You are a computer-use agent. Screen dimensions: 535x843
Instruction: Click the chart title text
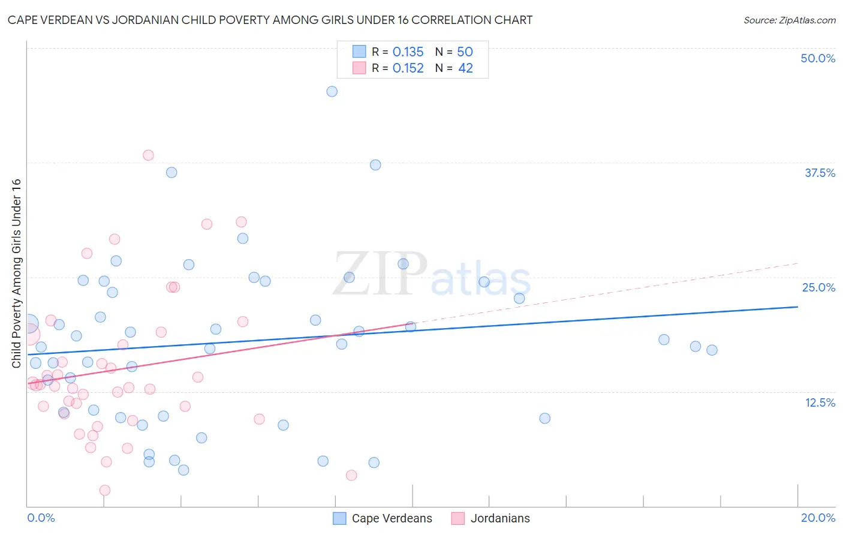pos(270,20)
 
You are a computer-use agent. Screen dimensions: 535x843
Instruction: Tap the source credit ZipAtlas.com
pos(789,20)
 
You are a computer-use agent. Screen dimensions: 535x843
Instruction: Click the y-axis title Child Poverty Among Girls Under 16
pos(16,273)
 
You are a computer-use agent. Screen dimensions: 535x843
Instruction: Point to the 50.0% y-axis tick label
pos(818,58)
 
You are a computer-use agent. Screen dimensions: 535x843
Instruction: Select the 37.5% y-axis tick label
pos(820,173)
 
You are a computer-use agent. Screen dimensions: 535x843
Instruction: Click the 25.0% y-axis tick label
pos(818,287)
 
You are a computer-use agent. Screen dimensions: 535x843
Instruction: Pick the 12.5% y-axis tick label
pos(820,402)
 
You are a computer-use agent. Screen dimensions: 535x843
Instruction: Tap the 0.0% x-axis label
pos(41,518)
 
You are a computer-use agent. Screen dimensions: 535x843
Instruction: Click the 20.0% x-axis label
pos(818,518)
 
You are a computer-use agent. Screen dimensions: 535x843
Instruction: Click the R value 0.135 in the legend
pos(408,52)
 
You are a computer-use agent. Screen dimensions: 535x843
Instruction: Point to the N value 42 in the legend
pos(465,68)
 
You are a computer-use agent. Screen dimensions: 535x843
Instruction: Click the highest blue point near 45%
pos(332,92)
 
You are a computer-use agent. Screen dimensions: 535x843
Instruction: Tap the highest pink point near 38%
pos(148,155)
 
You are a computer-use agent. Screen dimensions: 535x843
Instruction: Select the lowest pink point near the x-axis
pos(105,490)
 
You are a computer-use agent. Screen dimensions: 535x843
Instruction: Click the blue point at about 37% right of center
pos(375,165)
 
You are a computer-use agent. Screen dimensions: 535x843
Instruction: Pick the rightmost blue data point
pos(712,350)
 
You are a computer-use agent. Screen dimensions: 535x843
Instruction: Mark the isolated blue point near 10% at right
pos(544,418)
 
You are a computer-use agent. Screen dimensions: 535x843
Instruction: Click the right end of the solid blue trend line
pos(797,306)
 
